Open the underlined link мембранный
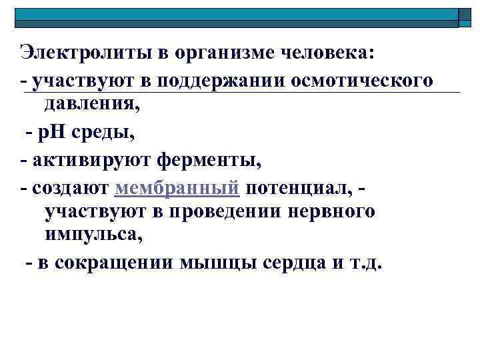(x=177, y=189)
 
